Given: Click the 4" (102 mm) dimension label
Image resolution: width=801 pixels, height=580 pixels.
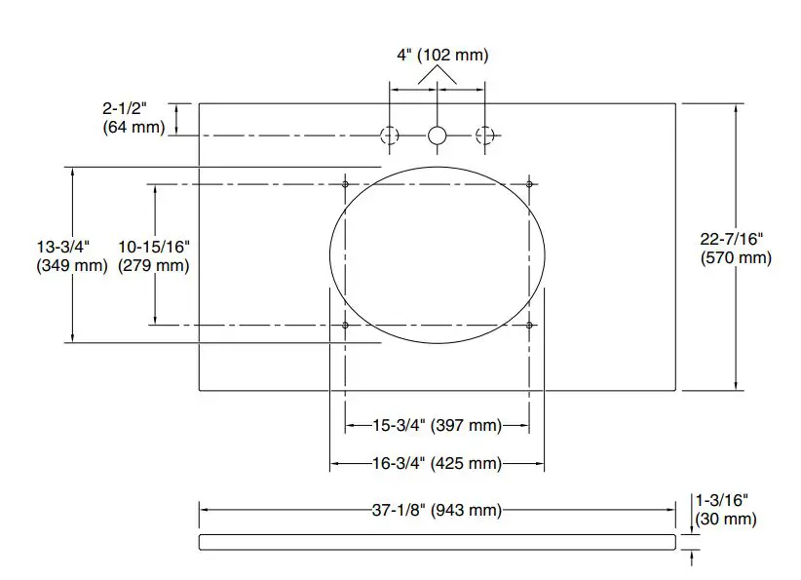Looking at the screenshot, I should point(441,55).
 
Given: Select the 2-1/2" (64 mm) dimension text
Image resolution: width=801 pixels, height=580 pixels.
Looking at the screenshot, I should point(133,119).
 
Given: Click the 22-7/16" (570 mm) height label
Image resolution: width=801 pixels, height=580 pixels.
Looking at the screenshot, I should point(736,248).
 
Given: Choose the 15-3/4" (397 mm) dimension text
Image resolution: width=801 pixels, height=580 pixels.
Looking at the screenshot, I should point(438,425).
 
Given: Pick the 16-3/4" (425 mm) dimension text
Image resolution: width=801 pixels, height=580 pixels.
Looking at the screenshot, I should point(438,463).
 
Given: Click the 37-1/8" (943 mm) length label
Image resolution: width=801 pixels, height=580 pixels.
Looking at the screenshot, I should point(438,510).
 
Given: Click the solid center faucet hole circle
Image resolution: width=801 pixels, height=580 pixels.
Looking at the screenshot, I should point(438,135).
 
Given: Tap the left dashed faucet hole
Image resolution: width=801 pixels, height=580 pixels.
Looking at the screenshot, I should point(390,135).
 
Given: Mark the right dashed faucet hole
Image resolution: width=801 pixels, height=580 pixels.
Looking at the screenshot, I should point(484,135).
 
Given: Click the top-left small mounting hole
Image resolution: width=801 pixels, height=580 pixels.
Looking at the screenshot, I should point(346,183).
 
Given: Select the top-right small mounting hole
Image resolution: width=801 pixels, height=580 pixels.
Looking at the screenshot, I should point(529,183).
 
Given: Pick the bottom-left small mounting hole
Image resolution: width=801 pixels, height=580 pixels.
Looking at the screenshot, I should point(346,325).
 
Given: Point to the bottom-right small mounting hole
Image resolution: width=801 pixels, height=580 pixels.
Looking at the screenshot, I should point(529,325).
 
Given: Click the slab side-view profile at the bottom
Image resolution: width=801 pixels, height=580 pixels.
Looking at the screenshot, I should point(438,542).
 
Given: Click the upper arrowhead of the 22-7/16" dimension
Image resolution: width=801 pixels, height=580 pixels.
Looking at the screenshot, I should point(735,108).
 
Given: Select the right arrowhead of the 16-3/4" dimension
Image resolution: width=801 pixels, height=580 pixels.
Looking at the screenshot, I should point(539,463).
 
